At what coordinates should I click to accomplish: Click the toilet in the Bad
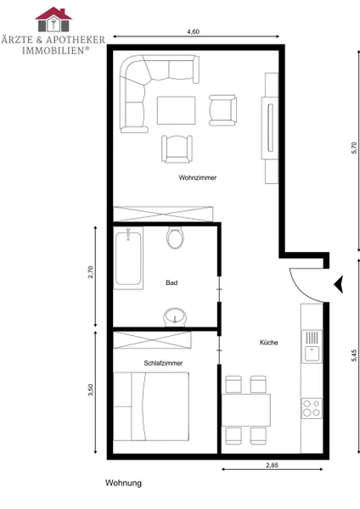(x=176, y=237)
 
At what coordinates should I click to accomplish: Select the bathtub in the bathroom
(x=128, y=258)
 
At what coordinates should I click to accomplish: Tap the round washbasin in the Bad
(x=175, y=317)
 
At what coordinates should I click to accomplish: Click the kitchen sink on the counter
(x=312, y=346)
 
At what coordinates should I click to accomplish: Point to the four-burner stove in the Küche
(x=312, y=408)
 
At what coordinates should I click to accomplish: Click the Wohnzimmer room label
(x=198, y=177)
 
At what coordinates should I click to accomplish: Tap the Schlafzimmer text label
(x=163, y=363)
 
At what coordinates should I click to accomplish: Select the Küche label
(x=268, y=342)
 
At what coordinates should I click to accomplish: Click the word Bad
(x=172, y=282)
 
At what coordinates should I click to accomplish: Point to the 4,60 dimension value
(x=193, y=31)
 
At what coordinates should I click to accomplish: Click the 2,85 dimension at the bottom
(x=272, y=465)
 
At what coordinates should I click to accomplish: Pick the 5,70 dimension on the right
(x=354, y=148)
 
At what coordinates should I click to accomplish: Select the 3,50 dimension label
(x=91, y=390)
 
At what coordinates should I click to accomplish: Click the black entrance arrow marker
(x=339, y=284)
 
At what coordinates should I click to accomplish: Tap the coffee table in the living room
(x=177, y=110)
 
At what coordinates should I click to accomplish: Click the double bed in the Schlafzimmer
(x=151, y=406)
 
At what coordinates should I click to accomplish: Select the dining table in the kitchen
(x=246, y=410)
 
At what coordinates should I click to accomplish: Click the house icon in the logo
(x=53, y=20)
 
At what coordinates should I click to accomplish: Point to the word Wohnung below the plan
(x=123, y=483)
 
